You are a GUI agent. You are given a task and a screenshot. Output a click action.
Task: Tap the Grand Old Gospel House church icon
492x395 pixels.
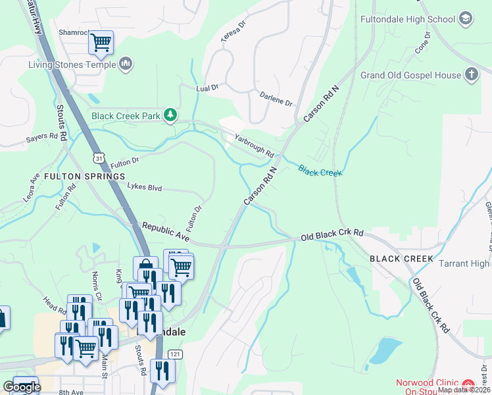point(471,75)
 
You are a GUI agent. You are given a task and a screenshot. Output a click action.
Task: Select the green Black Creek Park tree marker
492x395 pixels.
point(170,116)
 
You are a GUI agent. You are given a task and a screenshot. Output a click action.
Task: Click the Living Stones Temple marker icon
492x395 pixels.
point(126,64)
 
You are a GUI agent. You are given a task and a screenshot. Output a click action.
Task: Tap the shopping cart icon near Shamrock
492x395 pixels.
point(101,43)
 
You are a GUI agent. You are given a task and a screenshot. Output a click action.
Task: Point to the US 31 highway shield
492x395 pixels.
point(99,158)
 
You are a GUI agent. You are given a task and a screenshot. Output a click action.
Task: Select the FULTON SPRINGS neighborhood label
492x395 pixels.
point(84,176)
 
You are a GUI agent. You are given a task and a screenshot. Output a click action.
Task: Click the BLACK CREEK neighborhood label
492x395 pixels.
point(401,259)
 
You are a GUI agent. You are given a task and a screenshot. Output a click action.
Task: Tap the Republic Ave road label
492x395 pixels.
point(166,232)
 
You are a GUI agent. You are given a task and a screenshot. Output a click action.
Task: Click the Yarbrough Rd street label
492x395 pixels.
point(254,147)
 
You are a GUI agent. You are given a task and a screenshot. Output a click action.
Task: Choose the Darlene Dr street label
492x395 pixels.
point(275,98)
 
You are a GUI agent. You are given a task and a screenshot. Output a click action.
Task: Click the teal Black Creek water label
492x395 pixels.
point(320,171)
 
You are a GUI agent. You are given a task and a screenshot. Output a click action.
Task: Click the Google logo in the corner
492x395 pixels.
point(21,387)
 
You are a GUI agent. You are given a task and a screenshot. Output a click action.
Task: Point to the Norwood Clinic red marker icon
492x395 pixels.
point(468,384)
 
